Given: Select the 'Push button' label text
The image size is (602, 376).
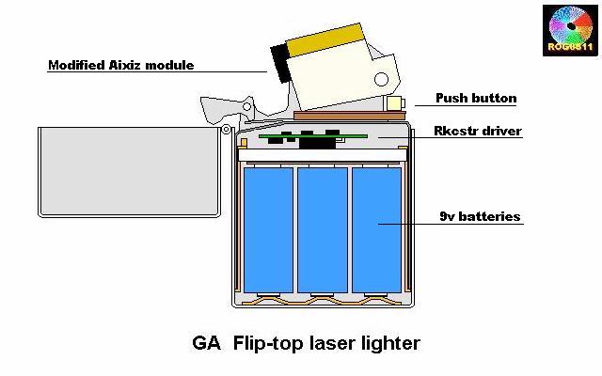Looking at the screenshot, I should [475, 98].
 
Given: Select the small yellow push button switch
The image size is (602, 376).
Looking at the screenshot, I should [396, 102].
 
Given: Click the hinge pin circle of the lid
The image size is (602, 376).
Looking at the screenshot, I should [227, 130].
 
